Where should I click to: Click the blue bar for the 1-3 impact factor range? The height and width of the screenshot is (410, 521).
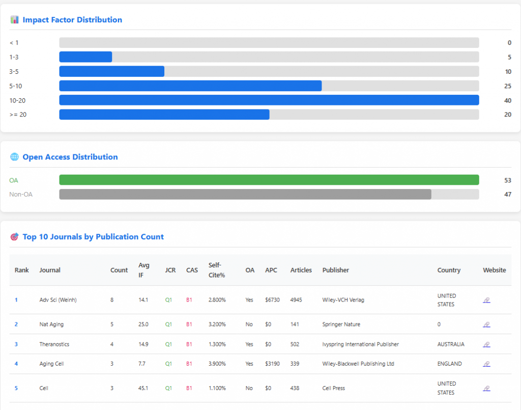coord(85,57)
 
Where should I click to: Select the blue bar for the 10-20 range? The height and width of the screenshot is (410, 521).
coord(269,100)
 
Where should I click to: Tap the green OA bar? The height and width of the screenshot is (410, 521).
coord(269,180)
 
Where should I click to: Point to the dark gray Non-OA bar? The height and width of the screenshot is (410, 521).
coord(245,194)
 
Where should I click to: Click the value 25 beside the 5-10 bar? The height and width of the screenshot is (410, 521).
coord(507,86)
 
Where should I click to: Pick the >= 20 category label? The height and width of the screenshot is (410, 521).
coord(18,115)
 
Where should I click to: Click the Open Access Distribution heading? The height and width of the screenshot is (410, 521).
coord(70,157)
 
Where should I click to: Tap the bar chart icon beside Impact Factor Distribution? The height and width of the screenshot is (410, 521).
coord(14,20)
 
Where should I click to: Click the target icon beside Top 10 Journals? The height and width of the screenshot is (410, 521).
coord(14,237)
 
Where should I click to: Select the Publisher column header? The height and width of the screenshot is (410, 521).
coord(336,270)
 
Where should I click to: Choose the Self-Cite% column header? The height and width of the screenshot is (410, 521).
coord(217,270)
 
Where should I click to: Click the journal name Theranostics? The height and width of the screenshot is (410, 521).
coord(54,344)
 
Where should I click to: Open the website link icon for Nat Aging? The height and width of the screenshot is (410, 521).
coord(486,324)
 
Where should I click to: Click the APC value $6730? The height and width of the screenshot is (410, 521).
coord(272,300)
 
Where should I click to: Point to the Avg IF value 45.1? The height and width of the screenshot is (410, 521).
coord(143,388)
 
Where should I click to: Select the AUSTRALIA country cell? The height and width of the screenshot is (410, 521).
coord(451,344)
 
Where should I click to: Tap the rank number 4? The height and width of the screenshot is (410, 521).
coord(16,364)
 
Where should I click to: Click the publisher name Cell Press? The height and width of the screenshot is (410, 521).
coord(334,388)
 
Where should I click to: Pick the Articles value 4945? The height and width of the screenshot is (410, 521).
coord(296,300)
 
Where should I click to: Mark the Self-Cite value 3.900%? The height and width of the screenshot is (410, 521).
coord(217,364)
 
